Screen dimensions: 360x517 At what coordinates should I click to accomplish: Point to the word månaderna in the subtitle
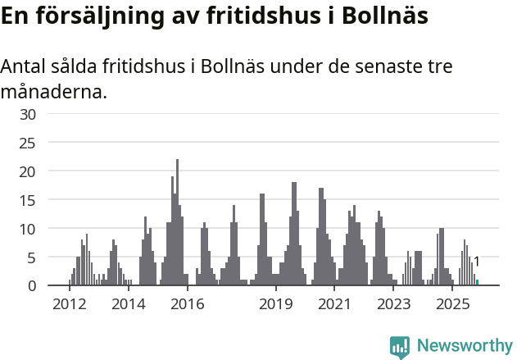pos(53,91)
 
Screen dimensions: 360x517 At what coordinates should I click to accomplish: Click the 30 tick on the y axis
pos(28,114)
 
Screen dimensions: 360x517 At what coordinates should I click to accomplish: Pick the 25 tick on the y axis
pos(28,143)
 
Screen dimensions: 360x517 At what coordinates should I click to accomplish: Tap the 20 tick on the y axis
pos(28,171)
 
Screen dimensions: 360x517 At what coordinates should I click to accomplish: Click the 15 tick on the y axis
pos(28,200)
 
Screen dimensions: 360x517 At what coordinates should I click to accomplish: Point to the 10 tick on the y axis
pos(28,229)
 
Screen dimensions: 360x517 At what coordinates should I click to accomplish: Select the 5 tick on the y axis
pos(32,257)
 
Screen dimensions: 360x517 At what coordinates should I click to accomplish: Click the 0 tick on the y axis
pos(32,285)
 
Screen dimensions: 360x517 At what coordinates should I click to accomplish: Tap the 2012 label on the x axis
pos(69,305)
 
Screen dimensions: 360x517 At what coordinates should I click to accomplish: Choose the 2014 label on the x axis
pos(128,305)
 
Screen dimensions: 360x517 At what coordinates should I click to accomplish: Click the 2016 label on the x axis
pos(187,305)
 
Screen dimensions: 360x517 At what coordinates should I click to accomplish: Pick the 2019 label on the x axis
pos(276,305)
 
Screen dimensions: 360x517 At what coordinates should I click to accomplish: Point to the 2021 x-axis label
pos(334,305)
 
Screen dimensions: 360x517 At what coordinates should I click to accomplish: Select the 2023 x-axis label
pos(393,305)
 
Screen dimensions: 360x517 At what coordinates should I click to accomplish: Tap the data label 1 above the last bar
pos(476,262)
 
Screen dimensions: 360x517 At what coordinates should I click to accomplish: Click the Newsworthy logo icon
pos(400,346)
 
